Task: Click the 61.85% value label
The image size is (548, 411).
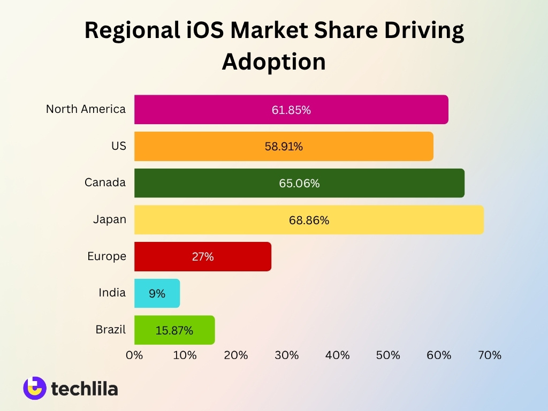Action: [x=291, y=110]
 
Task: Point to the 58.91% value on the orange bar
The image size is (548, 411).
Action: [x=284, y=146]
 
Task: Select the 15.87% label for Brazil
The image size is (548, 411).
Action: [x=174, y=331]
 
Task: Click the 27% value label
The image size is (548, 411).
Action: [x=203, y=257]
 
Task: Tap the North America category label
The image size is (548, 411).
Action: [x=86, y=109]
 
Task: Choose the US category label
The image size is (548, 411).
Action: [x=119, y=146]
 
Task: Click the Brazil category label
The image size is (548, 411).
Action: [x=111, y=330]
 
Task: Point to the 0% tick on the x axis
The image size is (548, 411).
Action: [x=134, y=355]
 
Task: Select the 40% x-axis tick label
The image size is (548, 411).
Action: [x=337, y=355]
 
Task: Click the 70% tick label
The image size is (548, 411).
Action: [x=490, y=355]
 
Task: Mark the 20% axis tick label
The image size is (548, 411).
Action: [x=236, y=355]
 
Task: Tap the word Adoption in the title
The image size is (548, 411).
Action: [x=274, y=62]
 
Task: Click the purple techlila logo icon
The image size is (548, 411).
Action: [x=35, y=388]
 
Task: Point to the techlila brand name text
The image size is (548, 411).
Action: [x=85, y=389]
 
